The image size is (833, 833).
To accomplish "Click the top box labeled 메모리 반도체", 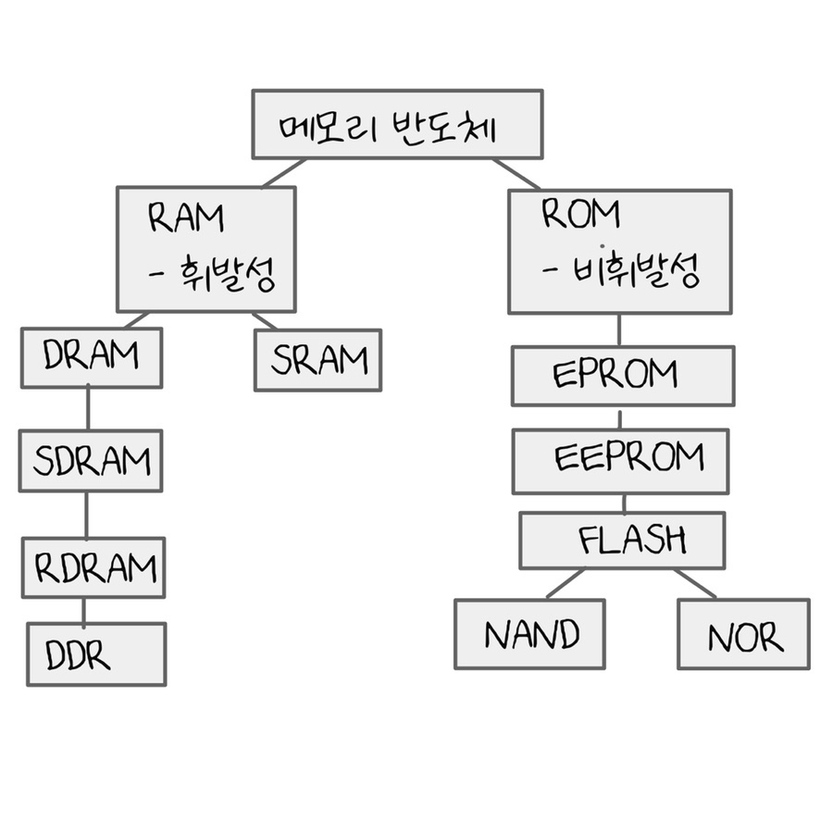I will (397, 124).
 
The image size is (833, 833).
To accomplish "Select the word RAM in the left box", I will (186, 218).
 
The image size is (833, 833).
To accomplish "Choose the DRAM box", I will (92, 357).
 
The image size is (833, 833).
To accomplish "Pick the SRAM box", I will (317, 360).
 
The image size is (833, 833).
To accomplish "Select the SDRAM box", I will (91, 460).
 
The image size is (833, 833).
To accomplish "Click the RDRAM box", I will (93, 566).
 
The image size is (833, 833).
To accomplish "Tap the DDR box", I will (96, 654).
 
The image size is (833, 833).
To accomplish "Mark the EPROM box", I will (622, 376).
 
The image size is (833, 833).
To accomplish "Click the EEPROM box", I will (620, 460).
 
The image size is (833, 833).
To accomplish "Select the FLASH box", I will (622, 540).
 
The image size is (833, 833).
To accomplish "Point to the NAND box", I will (529, 634).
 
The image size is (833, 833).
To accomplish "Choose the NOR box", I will (743, 634).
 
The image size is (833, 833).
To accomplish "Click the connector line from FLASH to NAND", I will (565, 584).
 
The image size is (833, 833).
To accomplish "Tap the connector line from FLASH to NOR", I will (695, 584).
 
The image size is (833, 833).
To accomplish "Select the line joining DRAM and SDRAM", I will (88, 408).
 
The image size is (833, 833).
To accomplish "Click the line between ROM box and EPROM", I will (619, 329).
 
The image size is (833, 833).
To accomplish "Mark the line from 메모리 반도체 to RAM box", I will (283, 173).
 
